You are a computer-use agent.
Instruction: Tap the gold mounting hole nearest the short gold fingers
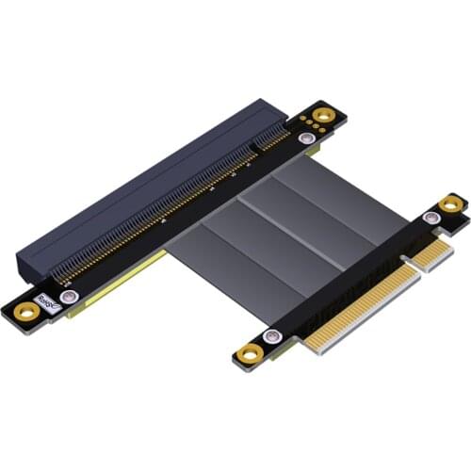click(x=453, y=203)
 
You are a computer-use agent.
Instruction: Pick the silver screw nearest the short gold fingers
click(x=432, y=219)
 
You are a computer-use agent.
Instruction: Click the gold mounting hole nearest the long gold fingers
click(x=251, y=352)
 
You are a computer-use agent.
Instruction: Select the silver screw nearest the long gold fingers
click(x=272, y=336)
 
